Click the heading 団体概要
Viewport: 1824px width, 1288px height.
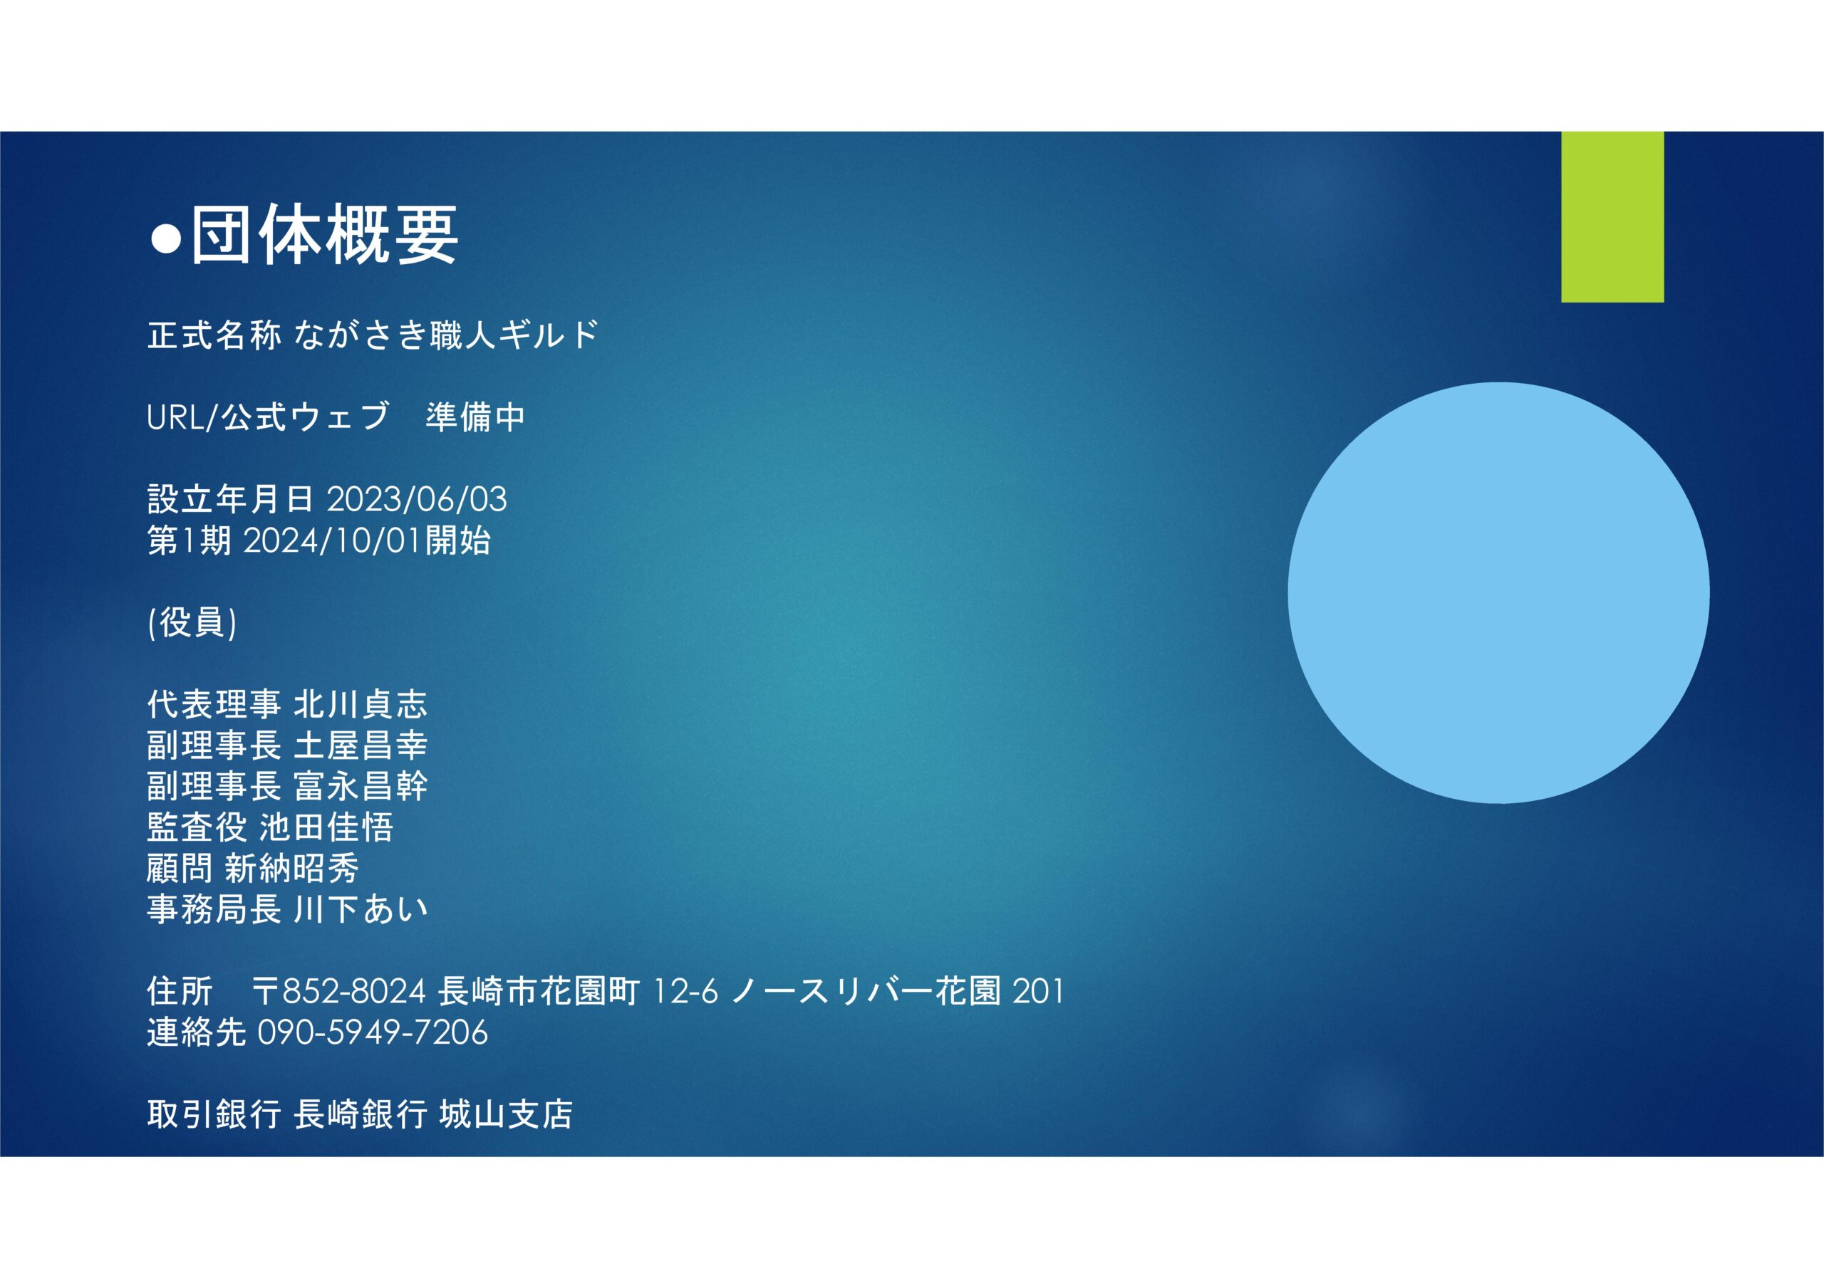pyautogui.click(x=325, y=234)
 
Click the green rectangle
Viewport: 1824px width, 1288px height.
pyautogui.click(x=1612, y=216)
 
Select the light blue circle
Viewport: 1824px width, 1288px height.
pyautogui.click(x=1499, y=593)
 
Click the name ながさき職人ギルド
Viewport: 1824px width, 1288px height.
pyautogui.click(x=447, y=335)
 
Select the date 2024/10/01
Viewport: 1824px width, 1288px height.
pyautogui.click(x=332, y=541)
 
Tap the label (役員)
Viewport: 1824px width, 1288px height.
pyautogui.click(x=192, y=622)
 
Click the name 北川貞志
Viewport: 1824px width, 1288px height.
pyautogui.click(x=361, y=704)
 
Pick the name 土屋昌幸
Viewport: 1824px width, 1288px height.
pyautogui.click(x=361, y=745)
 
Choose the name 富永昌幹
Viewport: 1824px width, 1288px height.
pyautogui.click(x=361, y=786)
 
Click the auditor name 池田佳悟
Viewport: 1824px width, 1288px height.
pyautogui.click(x=326, y=827)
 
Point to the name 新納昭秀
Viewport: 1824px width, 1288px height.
pyautogui.click(x=292, y=869)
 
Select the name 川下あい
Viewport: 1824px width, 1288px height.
pyautogui.click(x=361, y=910)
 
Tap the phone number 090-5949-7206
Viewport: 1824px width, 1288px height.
pyautogui.click(x=373, y=1033)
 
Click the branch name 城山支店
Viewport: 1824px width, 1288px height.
pyautogui.click(x=506, y=1115)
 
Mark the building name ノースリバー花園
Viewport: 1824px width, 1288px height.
pyautogui.click(x=866, y=992)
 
